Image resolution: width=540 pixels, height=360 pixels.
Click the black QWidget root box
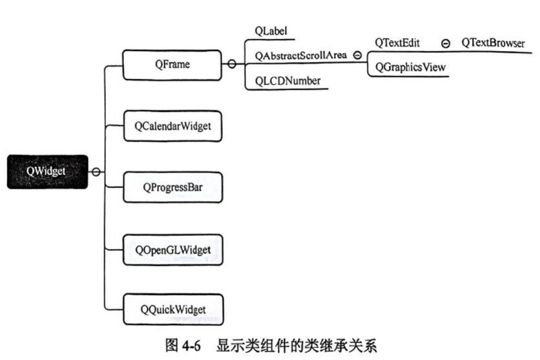(47, 171)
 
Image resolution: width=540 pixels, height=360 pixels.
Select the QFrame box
(171, 65)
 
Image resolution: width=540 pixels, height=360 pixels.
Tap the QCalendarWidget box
(172, 127)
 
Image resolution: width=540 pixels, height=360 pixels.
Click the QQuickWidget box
(172, 309)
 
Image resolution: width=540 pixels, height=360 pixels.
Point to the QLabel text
(271, 30)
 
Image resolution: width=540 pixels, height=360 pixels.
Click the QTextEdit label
(397, 43)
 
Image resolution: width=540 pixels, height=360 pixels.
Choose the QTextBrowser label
(492, 43)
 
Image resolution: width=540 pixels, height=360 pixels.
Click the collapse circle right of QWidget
(96, 172)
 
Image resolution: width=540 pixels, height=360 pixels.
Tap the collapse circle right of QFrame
(232, 65)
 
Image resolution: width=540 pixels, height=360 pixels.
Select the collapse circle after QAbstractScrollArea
(357, 56)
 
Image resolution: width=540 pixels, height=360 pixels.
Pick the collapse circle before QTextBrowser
(446, 43)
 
